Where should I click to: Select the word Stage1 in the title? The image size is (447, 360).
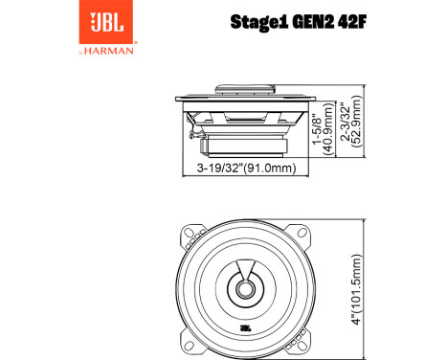coord(257,22)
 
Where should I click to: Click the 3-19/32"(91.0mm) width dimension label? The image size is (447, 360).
coord(245,169)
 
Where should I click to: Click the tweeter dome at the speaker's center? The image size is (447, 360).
coord(245,286)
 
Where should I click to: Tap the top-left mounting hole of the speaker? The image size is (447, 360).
coord(191,234)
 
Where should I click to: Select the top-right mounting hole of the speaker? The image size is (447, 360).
coord(299,234)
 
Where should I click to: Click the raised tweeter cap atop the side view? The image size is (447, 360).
coord(245,90)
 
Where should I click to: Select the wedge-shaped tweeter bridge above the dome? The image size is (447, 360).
coord(245,271)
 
